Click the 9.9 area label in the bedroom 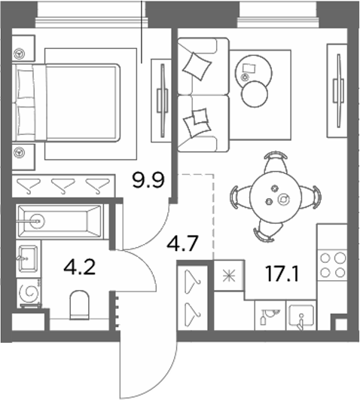click(148, 180)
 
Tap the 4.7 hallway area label click(182, 243)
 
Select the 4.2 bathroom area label click(80, 267)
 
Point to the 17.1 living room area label click(282, 274)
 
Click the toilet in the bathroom click(80, 305)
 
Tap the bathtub click(60, 221)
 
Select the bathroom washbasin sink click(28, 258)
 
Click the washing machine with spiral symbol click(29, 293)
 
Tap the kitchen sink click(301, 316)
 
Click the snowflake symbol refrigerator click(229, 276)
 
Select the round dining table click(276, 197)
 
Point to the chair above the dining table click(276, 161)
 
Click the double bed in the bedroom click(68, 102)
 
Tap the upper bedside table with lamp click(23, 48)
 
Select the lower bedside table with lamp click(23, 157)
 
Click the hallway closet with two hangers click(193, 298)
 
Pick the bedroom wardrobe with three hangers click(63, 186)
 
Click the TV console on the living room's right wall click(337, 90)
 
